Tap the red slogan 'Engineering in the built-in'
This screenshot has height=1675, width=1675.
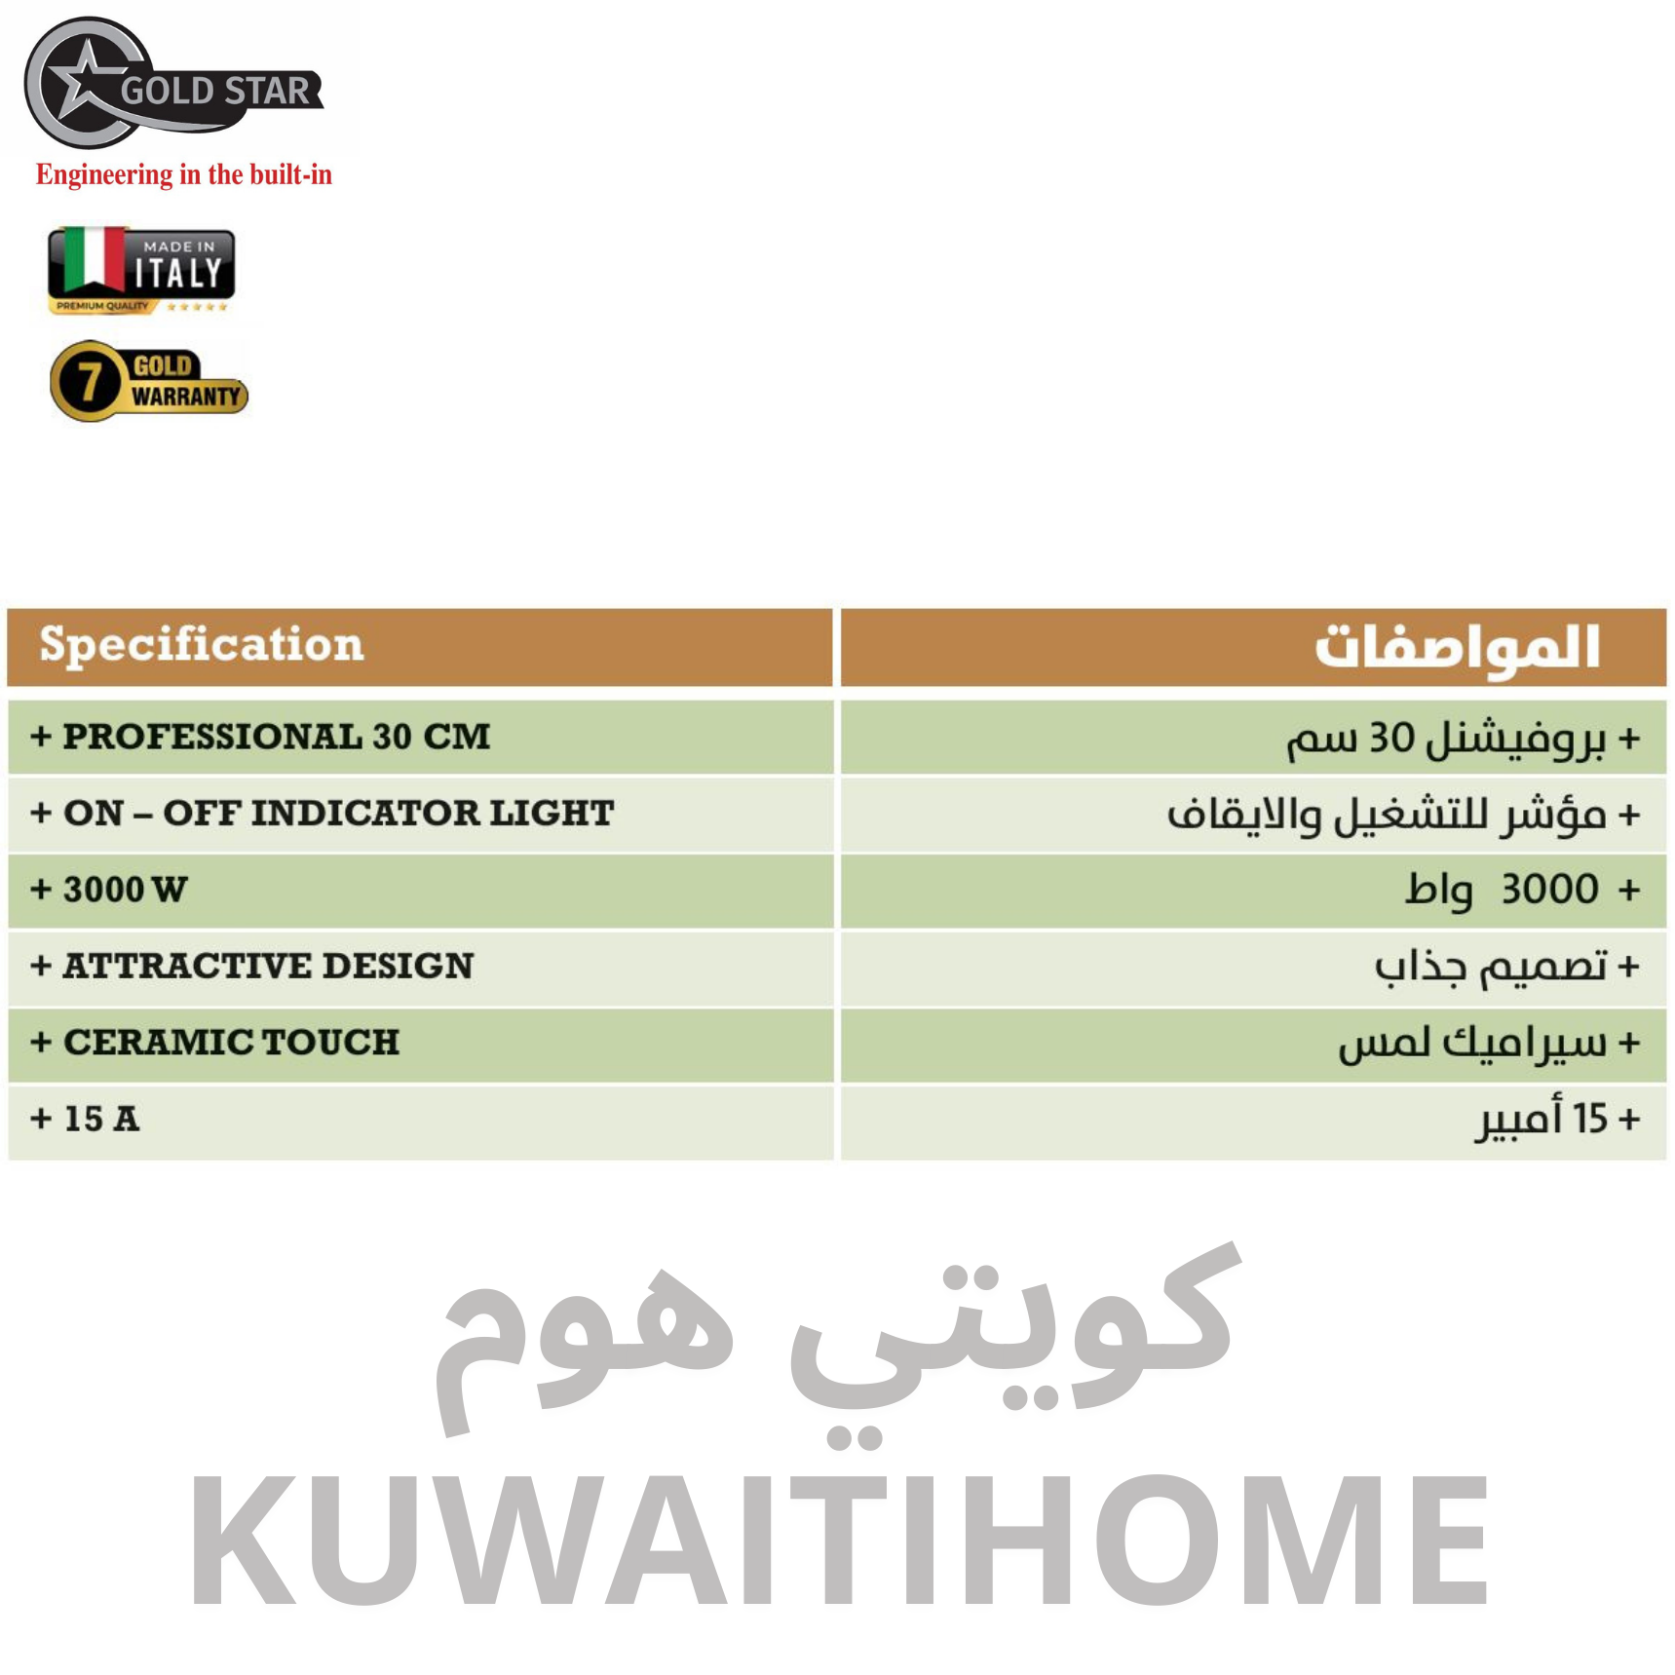point(184,174)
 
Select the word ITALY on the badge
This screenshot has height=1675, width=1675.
point(178,273)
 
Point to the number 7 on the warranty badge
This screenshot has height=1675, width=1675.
point(90,381)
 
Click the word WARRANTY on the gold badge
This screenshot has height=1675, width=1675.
point(186,397)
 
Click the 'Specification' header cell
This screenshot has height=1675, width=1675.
point(420,647)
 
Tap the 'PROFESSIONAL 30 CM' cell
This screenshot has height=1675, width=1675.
point(420,738)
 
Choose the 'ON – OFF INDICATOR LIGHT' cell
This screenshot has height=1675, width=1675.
point(420,814)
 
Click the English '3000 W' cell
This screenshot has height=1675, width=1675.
point(420,891)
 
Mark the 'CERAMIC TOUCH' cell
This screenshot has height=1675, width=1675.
point(420,1044)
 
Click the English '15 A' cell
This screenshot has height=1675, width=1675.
point(420,1121)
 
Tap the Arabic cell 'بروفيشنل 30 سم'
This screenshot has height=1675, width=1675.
point(1253,738)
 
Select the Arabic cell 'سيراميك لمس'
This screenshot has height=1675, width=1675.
point(1253,1044)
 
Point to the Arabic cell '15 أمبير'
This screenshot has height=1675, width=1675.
point(1253,1121)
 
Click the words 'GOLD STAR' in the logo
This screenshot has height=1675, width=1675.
point(215,91)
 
